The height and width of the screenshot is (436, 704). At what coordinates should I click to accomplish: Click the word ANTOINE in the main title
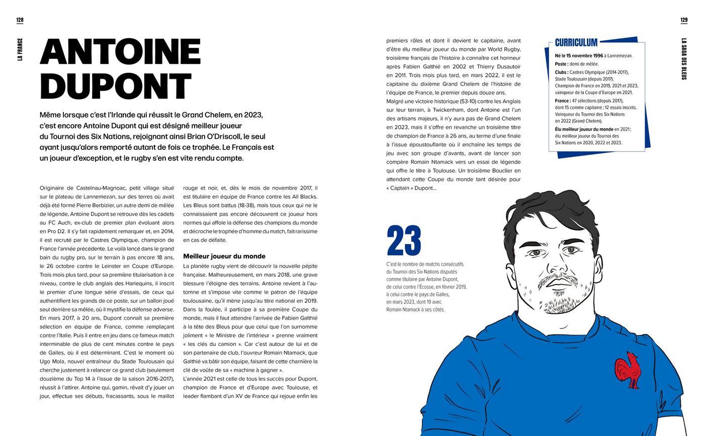click(120, 52)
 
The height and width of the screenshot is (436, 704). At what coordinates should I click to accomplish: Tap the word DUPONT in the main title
click(116, 87)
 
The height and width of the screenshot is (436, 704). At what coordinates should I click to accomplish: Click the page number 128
click(20, 21)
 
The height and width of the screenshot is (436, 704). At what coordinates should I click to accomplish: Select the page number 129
click(684, 21)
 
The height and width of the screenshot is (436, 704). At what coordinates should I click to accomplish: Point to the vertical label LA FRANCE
click(20, 49)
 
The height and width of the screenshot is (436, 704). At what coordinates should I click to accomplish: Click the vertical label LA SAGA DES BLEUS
click(684, 59)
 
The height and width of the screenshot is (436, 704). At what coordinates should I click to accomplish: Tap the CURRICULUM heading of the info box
click(576, 43)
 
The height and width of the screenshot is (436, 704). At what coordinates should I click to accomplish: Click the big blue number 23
click(404, 241)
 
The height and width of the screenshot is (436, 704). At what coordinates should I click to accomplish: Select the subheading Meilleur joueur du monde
click(224, 256)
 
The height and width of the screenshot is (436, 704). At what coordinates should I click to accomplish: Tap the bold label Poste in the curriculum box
click(561, 64)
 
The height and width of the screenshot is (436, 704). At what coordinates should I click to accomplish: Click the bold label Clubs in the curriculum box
click(562, 72)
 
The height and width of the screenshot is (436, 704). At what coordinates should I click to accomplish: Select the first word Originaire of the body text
click(55, 188)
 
